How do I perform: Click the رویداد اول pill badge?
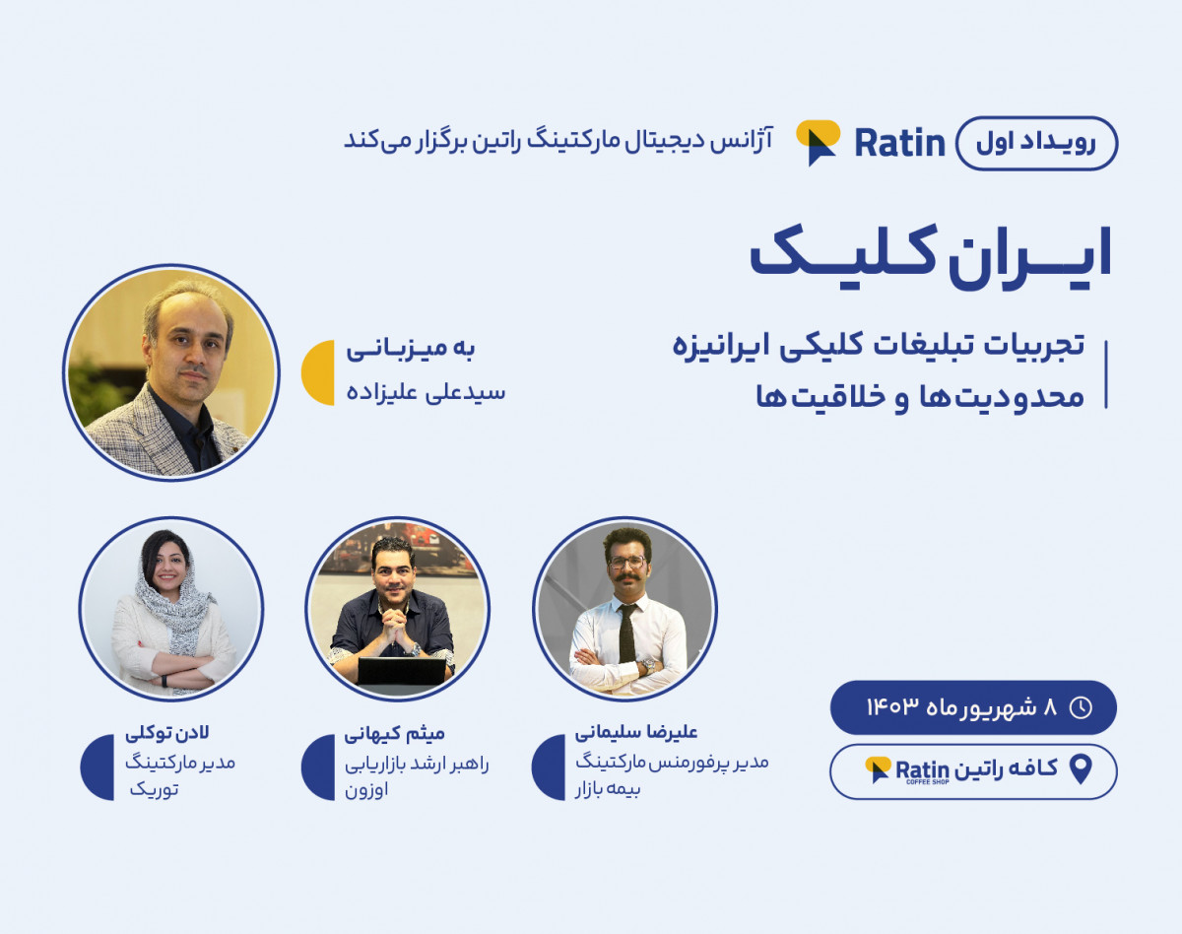[x=1037, y=143]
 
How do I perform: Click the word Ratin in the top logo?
[x=899, y=144]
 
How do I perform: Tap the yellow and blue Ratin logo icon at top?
[x=818, y=142]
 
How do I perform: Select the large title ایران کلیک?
[x=931, y=254]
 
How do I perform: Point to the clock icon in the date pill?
[x=1081, y=707]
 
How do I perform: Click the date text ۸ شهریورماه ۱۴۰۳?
[x=961, y=707]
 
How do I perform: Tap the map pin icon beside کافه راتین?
[x=1081, y=768]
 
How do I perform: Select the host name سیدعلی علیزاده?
[x=426, y=392]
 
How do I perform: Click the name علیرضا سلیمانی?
[x=636, y=732]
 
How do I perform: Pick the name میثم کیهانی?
[x=395, y=733]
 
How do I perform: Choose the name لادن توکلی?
[x=167, y=733]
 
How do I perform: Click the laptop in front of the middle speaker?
[x=401, y=671]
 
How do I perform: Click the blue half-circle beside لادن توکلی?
[x=98, y=767]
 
